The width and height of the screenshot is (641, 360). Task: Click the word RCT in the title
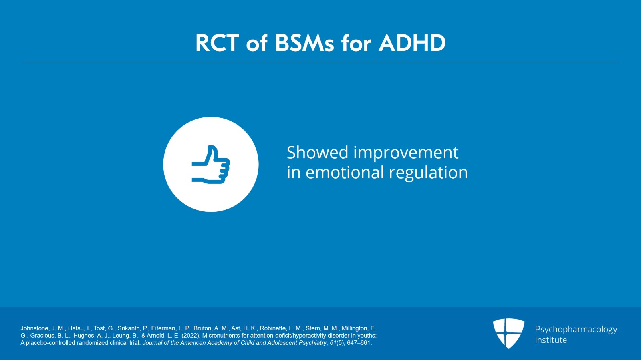pos(217,43)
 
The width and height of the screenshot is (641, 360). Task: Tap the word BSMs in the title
pos(304,43)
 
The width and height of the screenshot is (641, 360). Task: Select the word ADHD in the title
pos(412,43)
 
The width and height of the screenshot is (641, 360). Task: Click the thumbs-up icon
pos(211,165)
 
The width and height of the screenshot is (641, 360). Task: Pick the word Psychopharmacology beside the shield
pos(576,330)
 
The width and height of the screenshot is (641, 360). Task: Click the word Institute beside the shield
pos(551,340)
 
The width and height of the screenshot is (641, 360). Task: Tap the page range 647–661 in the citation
pos(359,343)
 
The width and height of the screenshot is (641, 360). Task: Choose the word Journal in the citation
pos(152,343)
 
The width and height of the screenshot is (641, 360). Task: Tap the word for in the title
pos(356,43)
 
